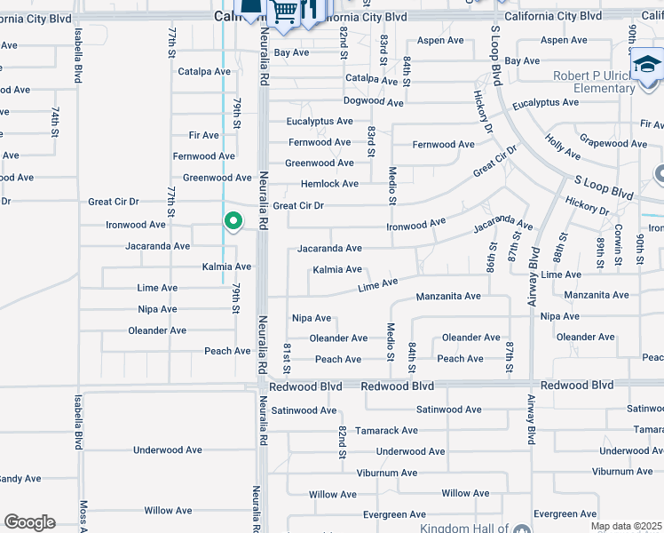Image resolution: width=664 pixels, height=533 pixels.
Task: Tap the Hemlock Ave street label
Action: click(x=329, y=184)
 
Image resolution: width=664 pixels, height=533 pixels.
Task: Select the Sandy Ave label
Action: click(x=20, y=479)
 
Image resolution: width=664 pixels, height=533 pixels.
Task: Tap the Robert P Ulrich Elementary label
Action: click(x=594, y=83)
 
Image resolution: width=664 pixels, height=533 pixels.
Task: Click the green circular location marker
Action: click(x=233, y=220)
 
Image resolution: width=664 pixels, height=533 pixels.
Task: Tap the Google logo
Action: click(x=28, y=522)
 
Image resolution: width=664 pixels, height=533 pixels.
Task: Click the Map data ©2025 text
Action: click(x=626, y=526)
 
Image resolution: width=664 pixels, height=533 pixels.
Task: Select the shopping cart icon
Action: click(x=283, y=12)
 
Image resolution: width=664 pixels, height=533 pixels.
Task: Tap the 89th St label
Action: click(x=600, y=251)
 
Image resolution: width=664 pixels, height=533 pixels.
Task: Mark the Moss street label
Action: click(x=83, y=515)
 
